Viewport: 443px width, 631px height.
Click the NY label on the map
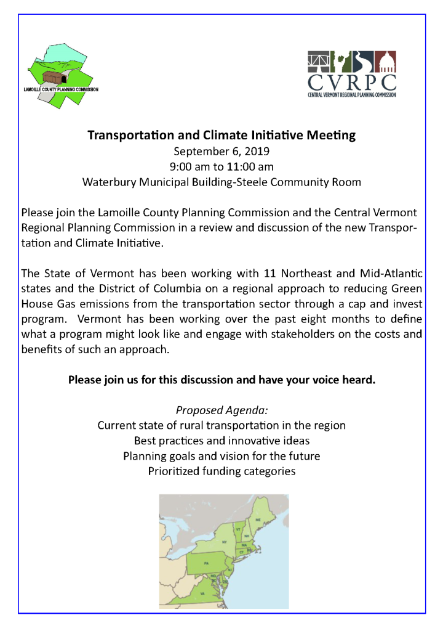tap(224, 542)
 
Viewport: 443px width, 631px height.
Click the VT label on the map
tap(237, 529)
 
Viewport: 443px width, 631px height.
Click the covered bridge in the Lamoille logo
tap(54, 77)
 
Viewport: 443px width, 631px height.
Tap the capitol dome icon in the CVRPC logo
tap(387, 62)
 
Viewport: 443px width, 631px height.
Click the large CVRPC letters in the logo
tap(352, 82)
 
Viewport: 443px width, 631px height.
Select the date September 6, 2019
tap(221, 151)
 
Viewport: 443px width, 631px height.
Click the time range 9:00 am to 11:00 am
tap(221, 166)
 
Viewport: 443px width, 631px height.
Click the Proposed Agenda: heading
tap(221, 410)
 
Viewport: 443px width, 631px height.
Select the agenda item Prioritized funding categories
tap(221, 471)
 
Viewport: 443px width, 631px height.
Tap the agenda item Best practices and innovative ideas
tap(221, 441)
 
